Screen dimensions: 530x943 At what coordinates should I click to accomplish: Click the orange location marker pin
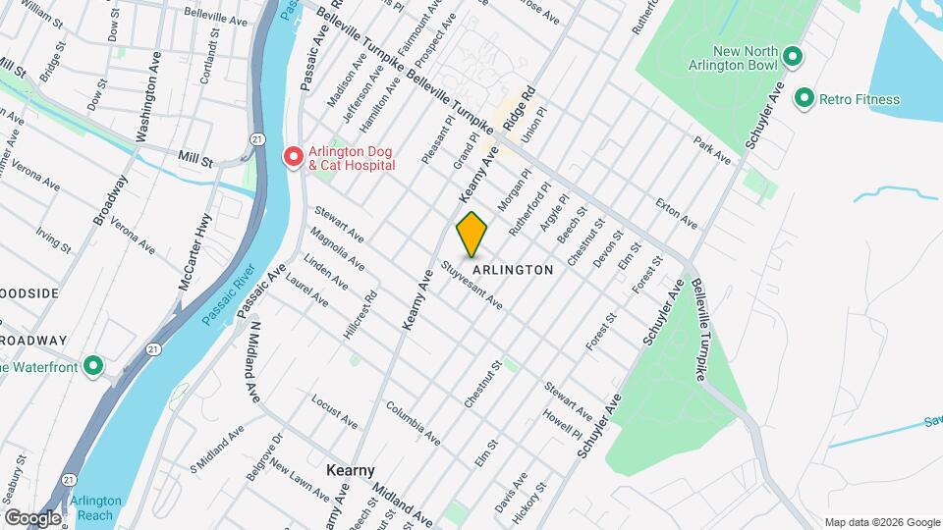point(472,234)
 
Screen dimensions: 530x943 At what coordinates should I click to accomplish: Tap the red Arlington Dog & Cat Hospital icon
point(293,157)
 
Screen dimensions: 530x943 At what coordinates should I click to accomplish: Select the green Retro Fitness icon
point(804,98)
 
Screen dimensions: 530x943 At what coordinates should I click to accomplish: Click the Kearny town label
point(351,470)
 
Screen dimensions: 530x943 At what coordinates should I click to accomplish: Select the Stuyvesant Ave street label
point(471,285)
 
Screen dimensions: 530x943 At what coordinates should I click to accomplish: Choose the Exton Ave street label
point(677,214)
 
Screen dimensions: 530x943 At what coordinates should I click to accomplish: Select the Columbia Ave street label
point(412,418)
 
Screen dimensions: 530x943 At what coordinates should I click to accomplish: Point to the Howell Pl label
point(562,424)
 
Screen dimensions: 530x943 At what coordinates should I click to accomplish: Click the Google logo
point(31,517)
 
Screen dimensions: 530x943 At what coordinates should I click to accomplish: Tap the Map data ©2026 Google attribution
point(880,521)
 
